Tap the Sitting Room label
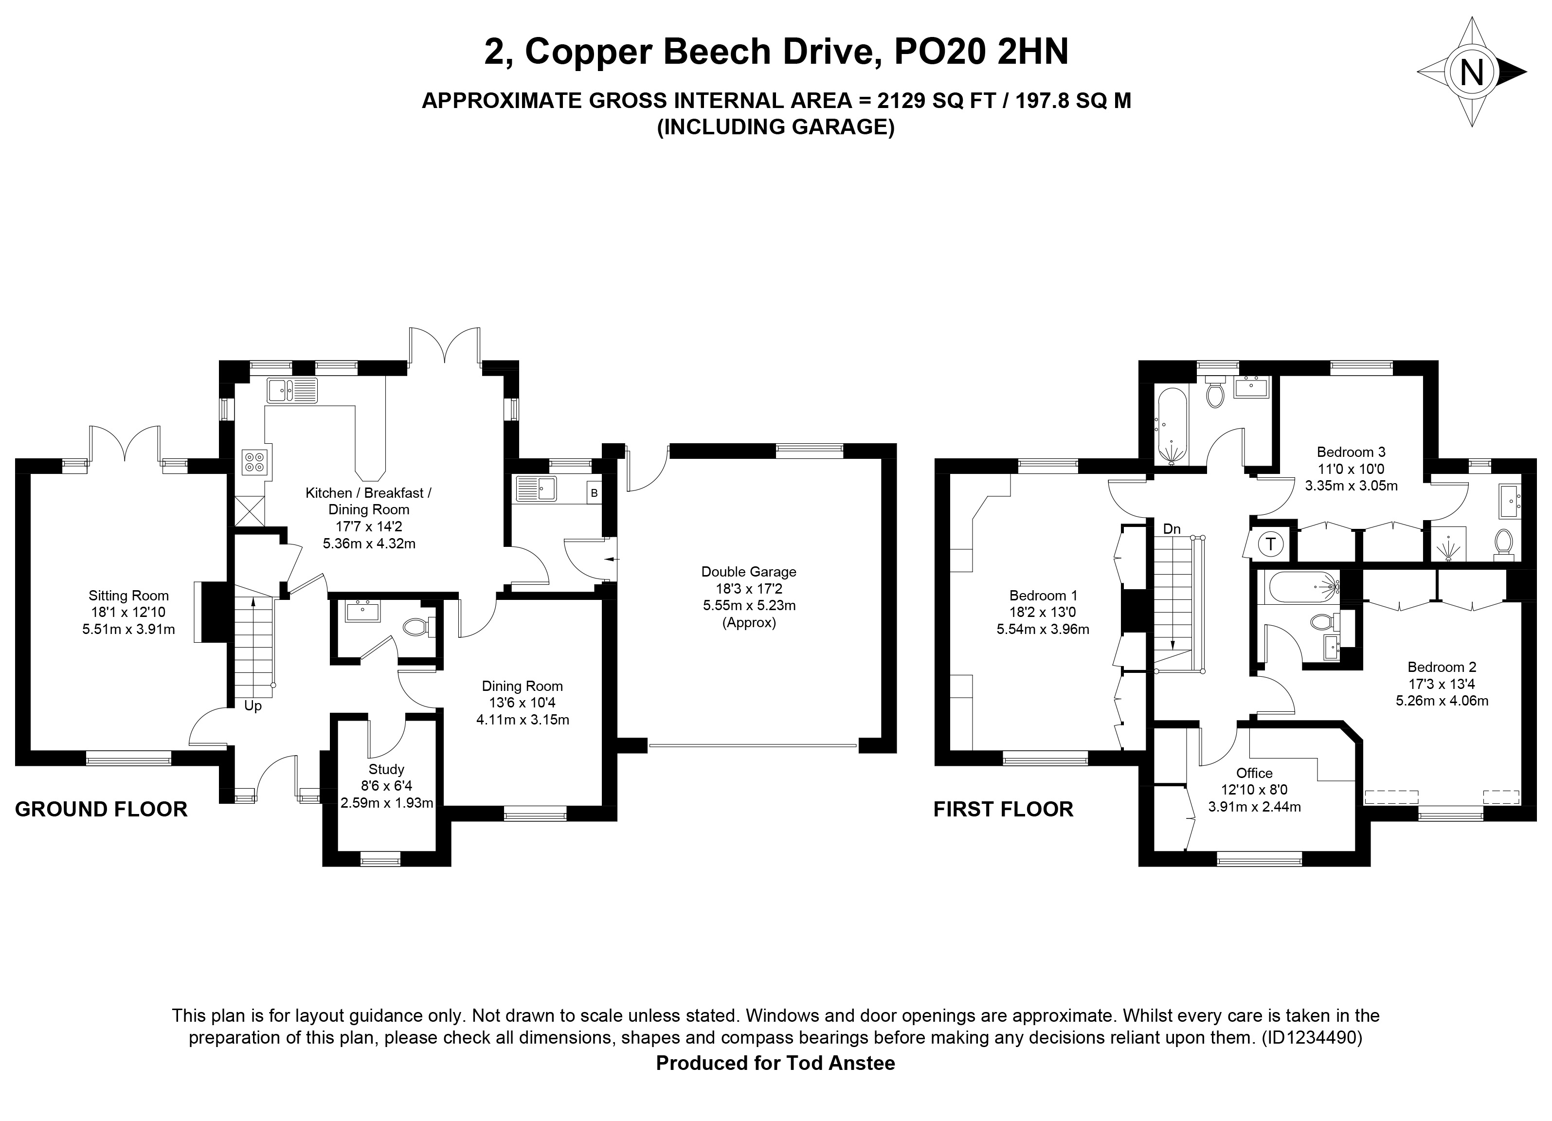tap(128, 596)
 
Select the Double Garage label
tap(749, 572)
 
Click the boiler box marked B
tap(594, 493)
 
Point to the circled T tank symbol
tap(1271, 545)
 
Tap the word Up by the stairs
tap(253, 706)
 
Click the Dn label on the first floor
tap(1172, 528)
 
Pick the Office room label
tap(1254, 773)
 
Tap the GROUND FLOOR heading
tap(101, 809)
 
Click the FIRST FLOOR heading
tap(1003, 809)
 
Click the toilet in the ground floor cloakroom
tap(417, 626)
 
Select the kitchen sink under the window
tap(292, 390)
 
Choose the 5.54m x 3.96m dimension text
tap(1043, 629)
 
